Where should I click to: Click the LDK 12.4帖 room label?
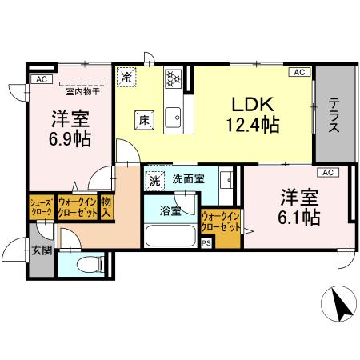(253, 114)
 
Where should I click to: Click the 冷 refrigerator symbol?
(126, 78)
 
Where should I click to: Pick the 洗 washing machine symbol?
(154, 180)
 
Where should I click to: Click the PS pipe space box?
(206, 243)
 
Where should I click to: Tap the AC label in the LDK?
(299, 72)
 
